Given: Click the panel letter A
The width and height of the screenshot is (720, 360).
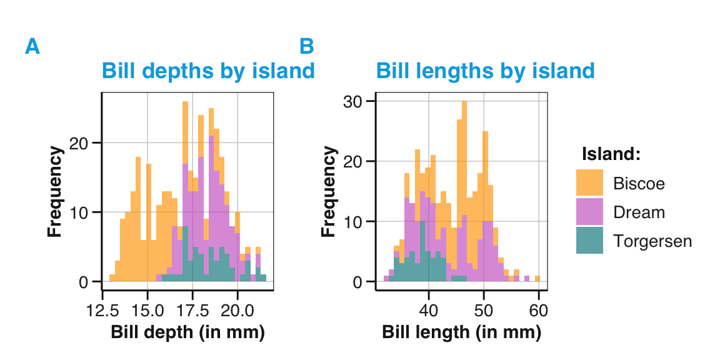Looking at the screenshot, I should pos(32,47).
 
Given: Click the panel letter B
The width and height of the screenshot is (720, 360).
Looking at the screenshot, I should pos(306,47).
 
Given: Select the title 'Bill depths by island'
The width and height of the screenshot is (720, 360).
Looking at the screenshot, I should pos(208,71).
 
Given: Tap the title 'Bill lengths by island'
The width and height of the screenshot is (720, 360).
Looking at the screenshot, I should pos(485,71).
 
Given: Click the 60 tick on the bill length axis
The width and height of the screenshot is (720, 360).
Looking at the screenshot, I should pos(538,310).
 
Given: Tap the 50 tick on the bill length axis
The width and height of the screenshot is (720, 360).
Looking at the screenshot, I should pos(483,310).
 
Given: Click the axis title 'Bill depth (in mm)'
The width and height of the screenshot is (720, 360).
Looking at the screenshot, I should pos(188,332).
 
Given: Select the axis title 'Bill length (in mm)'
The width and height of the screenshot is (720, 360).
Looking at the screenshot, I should pos(462,332).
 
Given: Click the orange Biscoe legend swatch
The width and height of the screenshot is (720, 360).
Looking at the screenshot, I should pos(589,182).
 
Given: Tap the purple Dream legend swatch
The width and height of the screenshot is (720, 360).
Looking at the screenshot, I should pos(589,212).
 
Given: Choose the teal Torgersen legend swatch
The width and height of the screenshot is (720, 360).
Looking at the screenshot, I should pos(589,241).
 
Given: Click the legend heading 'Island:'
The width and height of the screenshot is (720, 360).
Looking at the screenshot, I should pos(611,154).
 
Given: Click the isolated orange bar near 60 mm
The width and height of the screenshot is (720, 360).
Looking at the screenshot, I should pos(537,279).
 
